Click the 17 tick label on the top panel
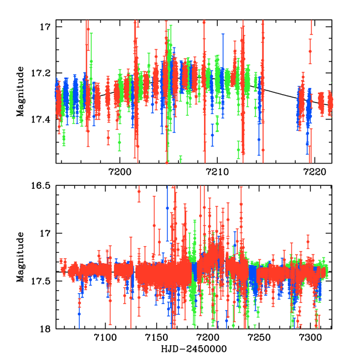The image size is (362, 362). [x=44, y=27]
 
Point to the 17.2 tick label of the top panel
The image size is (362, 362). [x=40, y=73]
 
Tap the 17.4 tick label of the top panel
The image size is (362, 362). [x=40, y=119]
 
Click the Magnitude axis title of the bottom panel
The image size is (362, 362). [x=21, y=256]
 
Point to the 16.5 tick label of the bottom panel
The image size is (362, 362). [x=40, y=186]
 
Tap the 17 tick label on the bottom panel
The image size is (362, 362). [x=44, y=233]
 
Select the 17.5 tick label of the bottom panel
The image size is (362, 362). [x=40, y=281]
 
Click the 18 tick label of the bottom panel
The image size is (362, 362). [x=44, y=329]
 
